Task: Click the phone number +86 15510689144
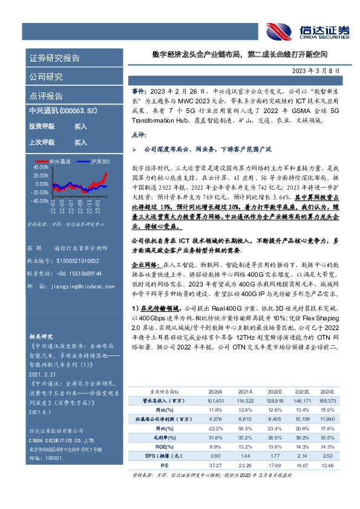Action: point(78,273)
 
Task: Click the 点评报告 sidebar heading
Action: point(47,96)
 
